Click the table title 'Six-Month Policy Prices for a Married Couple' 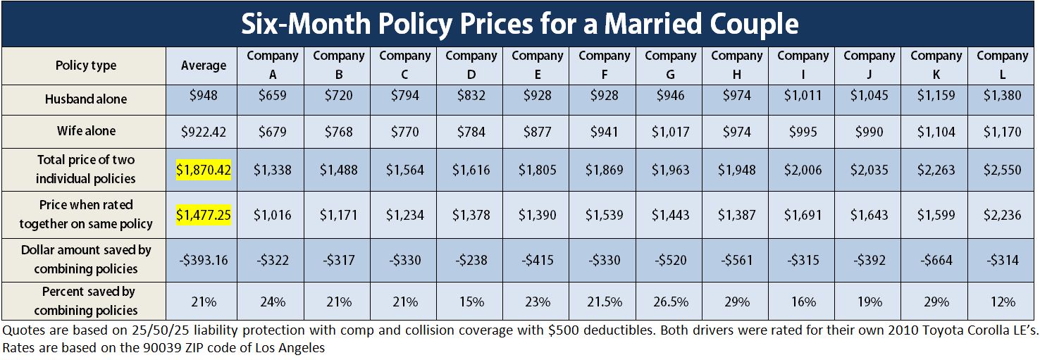[519, 25]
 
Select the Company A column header [273, 65]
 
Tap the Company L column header [1002, 65]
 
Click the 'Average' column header [204, 66]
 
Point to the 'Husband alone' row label [86, 99]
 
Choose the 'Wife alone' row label [86, 131]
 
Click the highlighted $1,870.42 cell [204, 170]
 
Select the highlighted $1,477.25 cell [204, 215]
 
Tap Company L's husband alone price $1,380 [1002, 94]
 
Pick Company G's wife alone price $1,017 [670, 131]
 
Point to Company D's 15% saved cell [471, 302]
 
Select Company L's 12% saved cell [1002, 302]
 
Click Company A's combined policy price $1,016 [273, 215]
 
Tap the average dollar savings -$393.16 [204, 260]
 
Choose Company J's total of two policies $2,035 [869, 170]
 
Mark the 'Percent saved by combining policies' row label [86, 301]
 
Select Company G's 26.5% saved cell [670, 302]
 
